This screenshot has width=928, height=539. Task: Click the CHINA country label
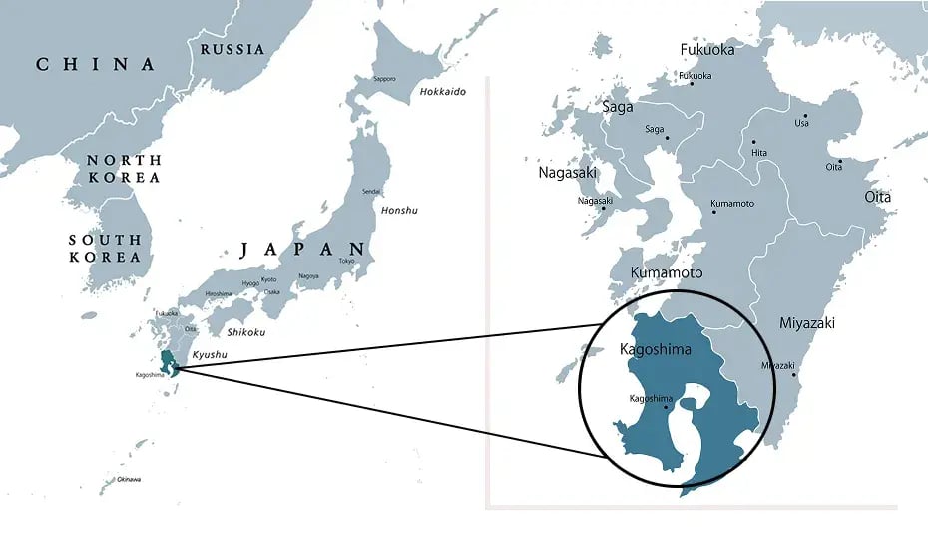(x=96, y=65)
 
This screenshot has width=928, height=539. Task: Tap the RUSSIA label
(x=232, y=49)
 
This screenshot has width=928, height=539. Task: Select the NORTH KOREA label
(x=123, y=169)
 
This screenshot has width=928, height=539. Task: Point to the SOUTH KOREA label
(x=105, y=249)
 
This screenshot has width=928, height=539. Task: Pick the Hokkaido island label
(x=442, y=92)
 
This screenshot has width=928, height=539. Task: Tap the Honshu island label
(x=399, y=210)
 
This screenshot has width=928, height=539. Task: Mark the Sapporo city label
(x=384, y=79)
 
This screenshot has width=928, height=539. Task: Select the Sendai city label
(x=371, y=191)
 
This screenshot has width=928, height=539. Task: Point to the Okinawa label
(x=128, y=480)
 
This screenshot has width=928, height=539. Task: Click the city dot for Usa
(x=804, y=115)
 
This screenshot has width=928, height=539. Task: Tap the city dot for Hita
(x=753, y=143)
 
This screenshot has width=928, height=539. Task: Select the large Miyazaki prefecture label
(x=807, y=323)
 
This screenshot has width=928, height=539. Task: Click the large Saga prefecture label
(x=619, y=106)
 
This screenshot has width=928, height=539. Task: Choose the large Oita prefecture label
(x=877, y=197)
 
